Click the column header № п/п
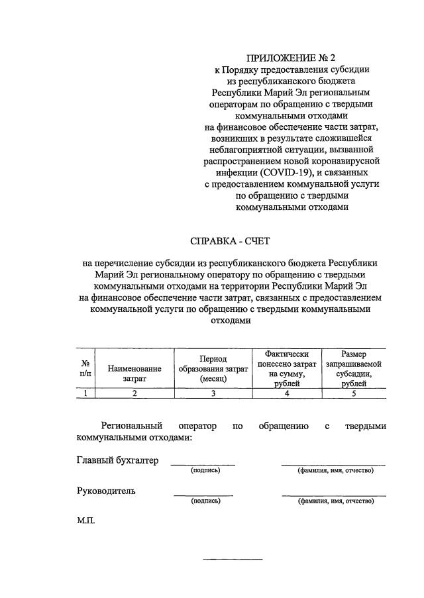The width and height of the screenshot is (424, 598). click(x=85, y=368)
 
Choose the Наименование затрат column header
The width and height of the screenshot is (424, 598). click(x=134, y=374)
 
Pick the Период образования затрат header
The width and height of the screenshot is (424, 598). click(x=213, y=368)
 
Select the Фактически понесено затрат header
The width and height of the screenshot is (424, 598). click(x=287, y=369)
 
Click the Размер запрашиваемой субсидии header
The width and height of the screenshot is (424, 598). click(x=353, y=369)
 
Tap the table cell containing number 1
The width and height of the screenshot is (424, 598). click(x=85, y=393)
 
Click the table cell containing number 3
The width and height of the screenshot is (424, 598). click(x=213, y=393)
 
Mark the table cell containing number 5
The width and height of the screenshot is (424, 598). click(x=353, y=393)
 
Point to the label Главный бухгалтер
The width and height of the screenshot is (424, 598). click(x=117, y=461)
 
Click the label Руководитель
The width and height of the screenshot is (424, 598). click(x=106, y=491)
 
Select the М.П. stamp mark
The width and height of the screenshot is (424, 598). click(x=86, y=521)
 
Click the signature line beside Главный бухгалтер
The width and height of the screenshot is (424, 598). click(x=203, y=465)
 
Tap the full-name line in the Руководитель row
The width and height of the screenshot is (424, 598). click(x=333, y=495)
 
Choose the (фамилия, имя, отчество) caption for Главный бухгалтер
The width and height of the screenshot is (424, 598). click(x=335, y=471)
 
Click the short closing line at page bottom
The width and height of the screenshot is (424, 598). click(x=233, y=560)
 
